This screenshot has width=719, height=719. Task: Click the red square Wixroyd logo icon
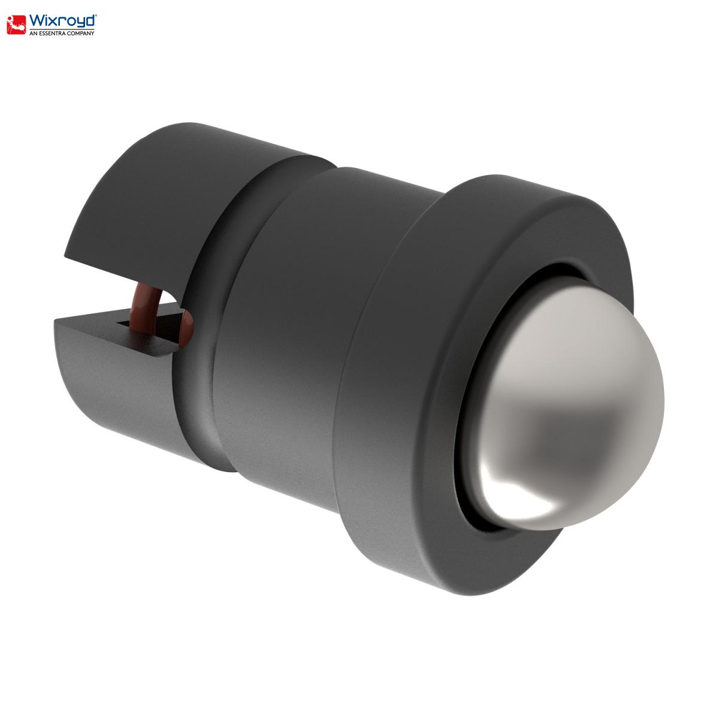(x=16, y=25)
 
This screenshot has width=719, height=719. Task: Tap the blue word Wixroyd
(x=63, y=21)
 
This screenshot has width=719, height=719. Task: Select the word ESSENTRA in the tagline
(x=51, y=33)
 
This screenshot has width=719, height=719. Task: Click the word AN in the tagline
(x=32, y=33)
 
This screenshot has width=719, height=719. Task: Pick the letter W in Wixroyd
(x=37, y=20)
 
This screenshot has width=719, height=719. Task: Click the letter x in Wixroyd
(x=55, y=22)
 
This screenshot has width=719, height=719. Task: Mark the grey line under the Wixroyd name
(x=62, y=29)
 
